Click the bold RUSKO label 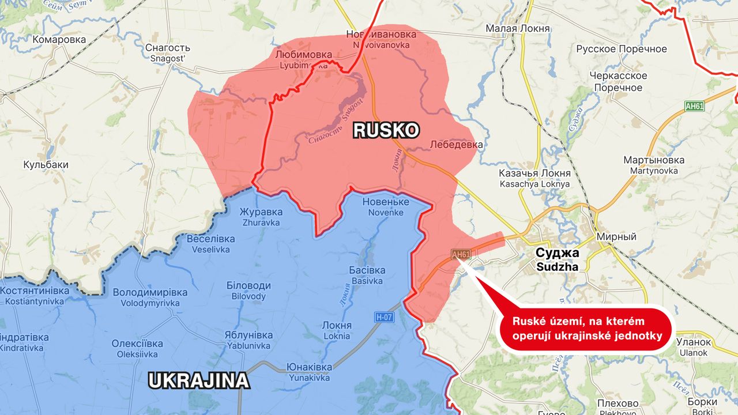tap(385, 131)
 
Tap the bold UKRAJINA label tap(198, 380)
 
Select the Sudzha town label tap(558, 259)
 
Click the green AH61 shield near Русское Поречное tap(694, 106)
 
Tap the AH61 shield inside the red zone tap(461, 255)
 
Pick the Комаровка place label tap(59, 40)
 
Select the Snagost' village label tap(168, 53)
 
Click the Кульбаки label tap(46, 165)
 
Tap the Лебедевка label tap(455, 145)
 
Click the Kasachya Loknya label tap(534, 179)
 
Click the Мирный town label tap(616, 237)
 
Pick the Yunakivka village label tap(310, 373)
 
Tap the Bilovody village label tap(248, 291)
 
